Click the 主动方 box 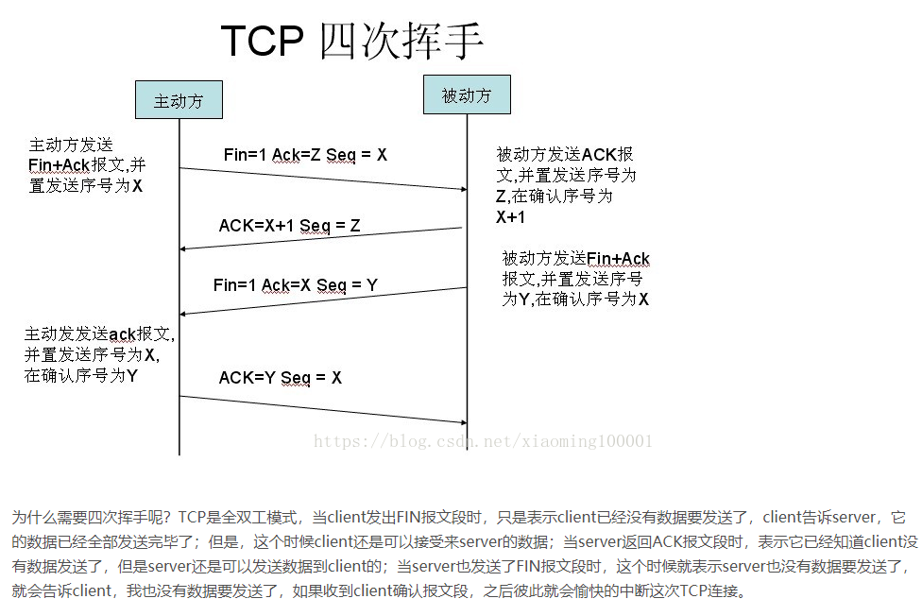coord(179,100)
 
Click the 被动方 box coord(467,94)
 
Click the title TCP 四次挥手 coord(351,42)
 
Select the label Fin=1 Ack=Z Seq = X coord(305,155)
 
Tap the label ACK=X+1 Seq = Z coord(289,226)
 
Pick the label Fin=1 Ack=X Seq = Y coord(295,285)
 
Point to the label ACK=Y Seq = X coord(280,378)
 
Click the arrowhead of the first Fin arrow coord(465,190)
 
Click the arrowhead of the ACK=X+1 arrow coord(182,248)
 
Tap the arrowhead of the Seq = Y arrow coord(182,315)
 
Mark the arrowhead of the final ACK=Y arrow coord(465,422)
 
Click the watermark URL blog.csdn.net coord(483,441)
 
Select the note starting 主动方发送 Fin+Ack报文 coord(87,165)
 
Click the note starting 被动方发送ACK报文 coord(566,185)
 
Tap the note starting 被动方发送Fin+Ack coord(575,279)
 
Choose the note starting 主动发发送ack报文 coord(99,355)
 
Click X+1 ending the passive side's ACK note coord(510,217)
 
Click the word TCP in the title coord(263,42)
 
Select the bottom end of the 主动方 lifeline coord(179,454)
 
